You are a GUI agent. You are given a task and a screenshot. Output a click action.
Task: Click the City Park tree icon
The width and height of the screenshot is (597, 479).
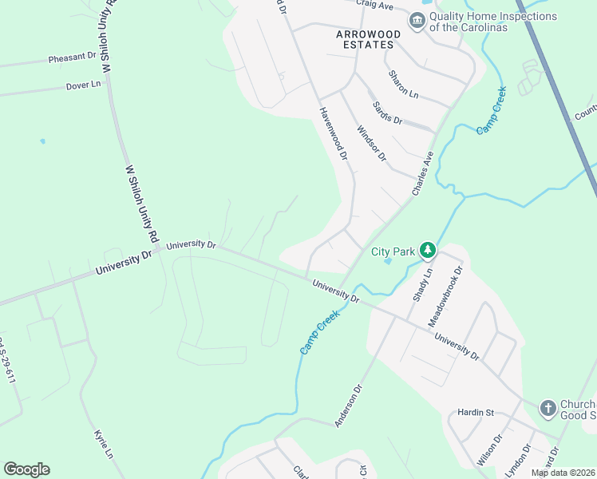pos(428,251)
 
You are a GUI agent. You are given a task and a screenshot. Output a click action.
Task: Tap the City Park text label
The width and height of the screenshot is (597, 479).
pos(393,251)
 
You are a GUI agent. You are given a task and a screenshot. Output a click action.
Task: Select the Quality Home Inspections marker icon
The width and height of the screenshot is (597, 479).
pos(417,21)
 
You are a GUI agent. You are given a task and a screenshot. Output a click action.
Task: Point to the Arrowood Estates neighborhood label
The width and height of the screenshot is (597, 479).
pos(365,39)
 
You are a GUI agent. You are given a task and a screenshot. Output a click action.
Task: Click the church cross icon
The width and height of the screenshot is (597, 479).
pos(548,408)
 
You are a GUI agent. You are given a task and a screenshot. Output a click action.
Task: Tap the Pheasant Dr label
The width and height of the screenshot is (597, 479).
pos(72,58)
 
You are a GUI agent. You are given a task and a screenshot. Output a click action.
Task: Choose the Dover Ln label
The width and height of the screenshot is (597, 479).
pos(84,85)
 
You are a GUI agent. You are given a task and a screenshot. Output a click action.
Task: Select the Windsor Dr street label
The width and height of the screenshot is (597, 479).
pos(371,142)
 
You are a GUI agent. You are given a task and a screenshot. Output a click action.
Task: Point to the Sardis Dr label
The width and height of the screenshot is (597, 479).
pos(387,113)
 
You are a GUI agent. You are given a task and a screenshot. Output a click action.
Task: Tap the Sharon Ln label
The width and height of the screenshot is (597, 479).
pos(403,84)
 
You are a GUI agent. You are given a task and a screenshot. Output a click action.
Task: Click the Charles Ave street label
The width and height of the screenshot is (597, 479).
pos(422,174)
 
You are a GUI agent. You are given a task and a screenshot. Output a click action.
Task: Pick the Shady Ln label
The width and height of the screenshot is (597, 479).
pos(422,285)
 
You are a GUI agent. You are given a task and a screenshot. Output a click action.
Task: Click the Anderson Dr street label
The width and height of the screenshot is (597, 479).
pos(349,406)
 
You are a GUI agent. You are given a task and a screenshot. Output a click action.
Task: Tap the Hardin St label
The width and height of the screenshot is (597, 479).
pos(476,413)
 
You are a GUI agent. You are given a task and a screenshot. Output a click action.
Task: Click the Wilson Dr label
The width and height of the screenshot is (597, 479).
pos(488,450)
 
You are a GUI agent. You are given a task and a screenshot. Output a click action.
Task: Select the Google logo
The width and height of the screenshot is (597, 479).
pos(26,469)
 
